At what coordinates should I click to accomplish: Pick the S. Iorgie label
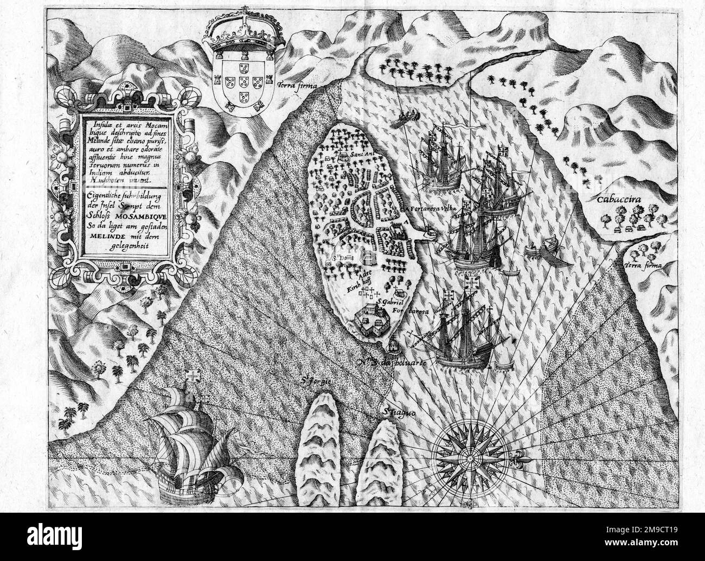tap(316, 381)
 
